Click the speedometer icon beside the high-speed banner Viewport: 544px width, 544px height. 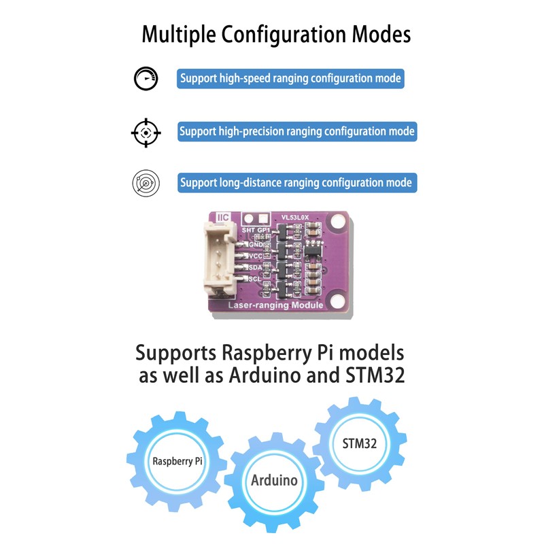[x=146, y=78]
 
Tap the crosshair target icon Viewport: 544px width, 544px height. [x=146, y=133]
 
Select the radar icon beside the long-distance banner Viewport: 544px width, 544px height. [x=146, y=183]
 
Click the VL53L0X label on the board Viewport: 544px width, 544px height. [x=294, y=218]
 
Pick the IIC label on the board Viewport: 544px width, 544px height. [x=223, y=218]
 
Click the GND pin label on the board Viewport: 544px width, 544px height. [x=256, y=245]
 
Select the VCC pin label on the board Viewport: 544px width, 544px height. [x=256, y=256]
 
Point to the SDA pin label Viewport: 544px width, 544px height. [x=256, y=267]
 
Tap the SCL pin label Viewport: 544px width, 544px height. [x=254, y=279]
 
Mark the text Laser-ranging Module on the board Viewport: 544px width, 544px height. [x=275, y=305]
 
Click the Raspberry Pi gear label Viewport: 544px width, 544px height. [x=177, y=461]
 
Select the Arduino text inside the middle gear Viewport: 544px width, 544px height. [x=274, y=481]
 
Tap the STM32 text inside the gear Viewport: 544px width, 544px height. [x=360, y=443]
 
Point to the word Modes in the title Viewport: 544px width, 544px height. [x=381, y=35]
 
